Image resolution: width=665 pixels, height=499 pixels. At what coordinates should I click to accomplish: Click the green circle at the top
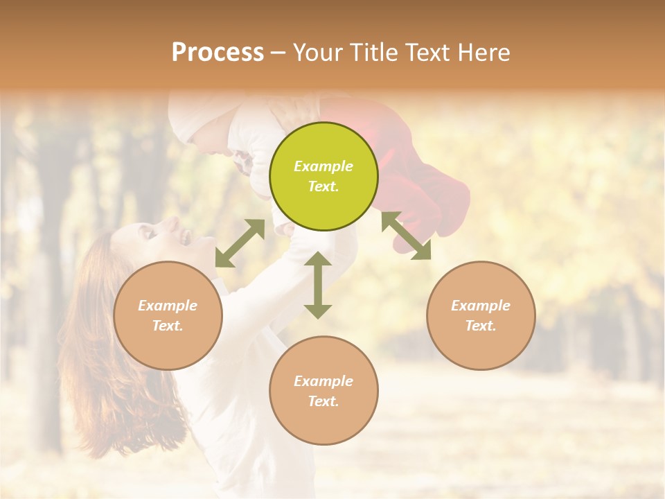[323, 176]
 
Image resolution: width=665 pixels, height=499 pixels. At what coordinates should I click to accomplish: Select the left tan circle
[168, 315]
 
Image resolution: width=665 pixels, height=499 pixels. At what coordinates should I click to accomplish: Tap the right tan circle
[481, 315]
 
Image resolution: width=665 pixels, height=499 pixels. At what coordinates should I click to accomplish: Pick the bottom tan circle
[323, 390]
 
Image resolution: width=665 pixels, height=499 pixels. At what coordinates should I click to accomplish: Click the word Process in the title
[218, 52]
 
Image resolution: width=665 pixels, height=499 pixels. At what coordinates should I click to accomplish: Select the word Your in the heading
[318, 52]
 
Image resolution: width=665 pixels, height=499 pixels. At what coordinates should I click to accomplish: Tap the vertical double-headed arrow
[318, 285]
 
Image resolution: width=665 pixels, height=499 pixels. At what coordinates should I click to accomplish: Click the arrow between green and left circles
[240, 243]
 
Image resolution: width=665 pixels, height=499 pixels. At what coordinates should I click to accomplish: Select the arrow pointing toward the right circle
[406, 236]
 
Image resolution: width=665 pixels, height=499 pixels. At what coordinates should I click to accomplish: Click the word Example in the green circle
[323, 166]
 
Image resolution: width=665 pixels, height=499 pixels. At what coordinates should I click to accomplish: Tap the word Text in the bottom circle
[322, 401]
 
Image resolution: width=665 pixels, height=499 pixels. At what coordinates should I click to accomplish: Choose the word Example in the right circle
[481, 306]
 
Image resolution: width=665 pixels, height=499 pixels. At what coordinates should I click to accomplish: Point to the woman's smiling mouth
[186, 238]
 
